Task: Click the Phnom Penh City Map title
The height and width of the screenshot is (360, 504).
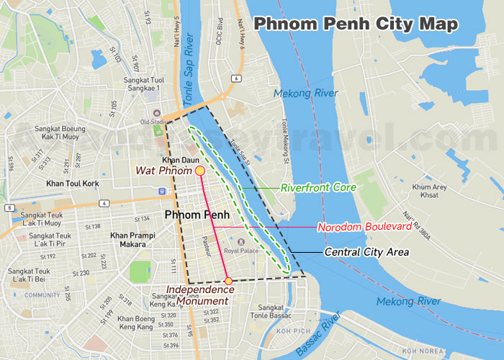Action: coord(355,23)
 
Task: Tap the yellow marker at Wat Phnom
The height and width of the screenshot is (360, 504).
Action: coord(199,171)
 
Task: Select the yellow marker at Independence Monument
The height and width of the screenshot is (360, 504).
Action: coord(228,281)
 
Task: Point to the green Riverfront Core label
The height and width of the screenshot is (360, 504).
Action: coord(318,187)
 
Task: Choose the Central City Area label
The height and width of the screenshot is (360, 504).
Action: coord(366,252)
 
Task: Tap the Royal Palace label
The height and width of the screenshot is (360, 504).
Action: coord(240,251)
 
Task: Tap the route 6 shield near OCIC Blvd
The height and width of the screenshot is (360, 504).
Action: coord(235,78)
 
